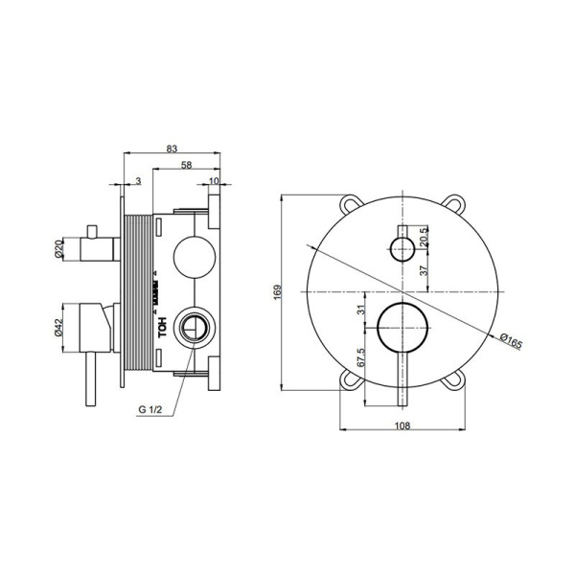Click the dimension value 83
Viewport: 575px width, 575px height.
(172, 148)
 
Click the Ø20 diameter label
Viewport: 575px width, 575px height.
(60, 250)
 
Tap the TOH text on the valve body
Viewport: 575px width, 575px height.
(162, 326)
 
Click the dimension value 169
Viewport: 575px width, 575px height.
(275, 291)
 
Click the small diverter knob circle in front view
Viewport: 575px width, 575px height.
(402, 250)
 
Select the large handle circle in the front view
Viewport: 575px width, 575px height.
(402, 328)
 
